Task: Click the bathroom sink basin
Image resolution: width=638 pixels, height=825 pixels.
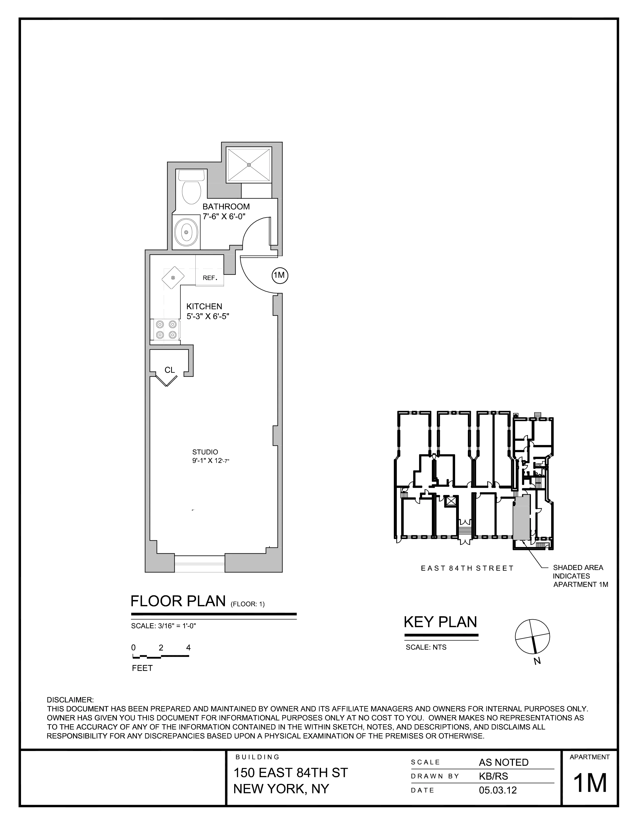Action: [186, 232]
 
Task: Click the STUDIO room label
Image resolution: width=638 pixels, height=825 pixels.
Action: [205, 452]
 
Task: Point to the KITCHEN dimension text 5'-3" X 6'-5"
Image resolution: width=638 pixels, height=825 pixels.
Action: [208, 316]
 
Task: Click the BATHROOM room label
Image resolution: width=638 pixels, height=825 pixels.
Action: [226, 207]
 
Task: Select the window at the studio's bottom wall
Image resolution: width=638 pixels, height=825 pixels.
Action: [200, 564]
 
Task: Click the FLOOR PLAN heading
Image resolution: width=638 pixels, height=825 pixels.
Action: [178, 601]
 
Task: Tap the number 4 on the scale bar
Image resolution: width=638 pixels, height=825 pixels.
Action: [188, 647]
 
